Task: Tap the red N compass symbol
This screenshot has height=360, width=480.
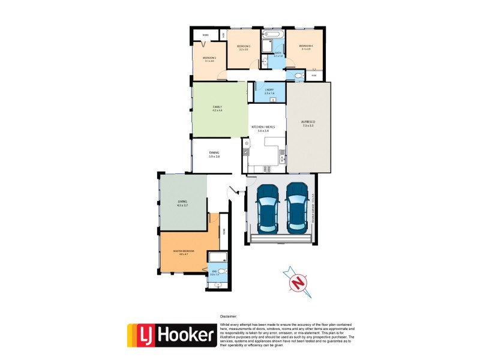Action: [x=298, y=281]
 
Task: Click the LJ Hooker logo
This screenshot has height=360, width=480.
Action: [x=171, y=335]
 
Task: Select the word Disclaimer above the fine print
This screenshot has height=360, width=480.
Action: [x=229, y=316]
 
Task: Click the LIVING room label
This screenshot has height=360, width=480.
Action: [x=182, y=202]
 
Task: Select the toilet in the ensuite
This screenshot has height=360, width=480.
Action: [x=223, y=272]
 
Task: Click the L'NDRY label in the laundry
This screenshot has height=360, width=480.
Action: [x=269, y=89]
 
